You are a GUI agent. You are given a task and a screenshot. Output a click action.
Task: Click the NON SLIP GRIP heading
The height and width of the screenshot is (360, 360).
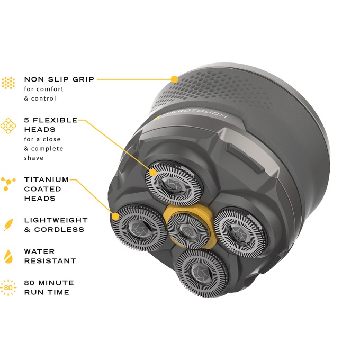click(x=59, y=79)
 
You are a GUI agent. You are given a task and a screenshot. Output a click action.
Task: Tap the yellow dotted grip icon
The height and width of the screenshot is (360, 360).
click(x=8, y=83)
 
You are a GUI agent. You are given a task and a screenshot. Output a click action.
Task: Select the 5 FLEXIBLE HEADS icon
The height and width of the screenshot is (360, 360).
click(x=8, y=126)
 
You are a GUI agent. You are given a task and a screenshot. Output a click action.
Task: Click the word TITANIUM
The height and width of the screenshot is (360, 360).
click(x=47, y=179)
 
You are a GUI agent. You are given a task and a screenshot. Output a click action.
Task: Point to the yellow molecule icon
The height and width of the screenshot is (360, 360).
click(x=8, y=184)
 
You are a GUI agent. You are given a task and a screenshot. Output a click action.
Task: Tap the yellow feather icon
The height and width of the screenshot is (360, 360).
click(x=8, y=225)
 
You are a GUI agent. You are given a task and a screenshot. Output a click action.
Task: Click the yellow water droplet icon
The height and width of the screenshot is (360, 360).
click(x=8, y=256)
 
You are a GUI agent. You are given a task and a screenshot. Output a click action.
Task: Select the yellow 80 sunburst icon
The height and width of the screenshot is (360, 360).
click(x=8, y=287)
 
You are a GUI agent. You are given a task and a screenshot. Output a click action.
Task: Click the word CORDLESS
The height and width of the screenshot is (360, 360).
click(x=59, y=230)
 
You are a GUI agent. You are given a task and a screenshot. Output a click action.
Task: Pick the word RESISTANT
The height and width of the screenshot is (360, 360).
click(x=50, y=261)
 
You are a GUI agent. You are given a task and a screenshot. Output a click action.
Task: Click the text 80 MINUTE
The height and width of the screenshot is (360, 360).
click(x=49, y=283)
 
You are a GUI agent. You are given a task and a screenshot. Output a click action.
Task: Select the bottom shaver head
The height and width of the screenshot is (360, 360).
click(x=202, y=273)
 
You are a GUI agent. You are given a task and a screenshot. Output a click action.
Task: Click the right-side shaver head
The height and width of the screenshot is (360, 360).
click(x=239, y=232)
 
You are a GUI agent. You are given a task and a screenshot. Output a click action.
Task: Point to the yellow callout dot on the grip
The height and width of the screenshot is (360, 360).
click(x=175, y=79)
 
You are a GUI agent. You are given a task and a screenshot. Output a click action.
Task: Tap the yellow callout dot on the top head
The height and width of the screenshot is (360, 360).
click(x=152, y=172)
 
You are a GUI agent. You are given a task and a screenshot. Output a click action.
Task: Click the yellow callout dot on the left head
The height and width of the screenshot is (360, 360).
click(x=115, y=217)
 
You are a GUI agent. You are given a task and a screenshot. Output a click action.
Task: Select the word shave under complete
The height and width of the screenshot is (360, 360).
click(x=34, y=158)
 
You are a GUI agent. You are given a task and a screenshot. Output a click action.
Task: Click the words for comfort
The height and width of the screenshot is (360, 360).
click(x=44, y=89)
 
